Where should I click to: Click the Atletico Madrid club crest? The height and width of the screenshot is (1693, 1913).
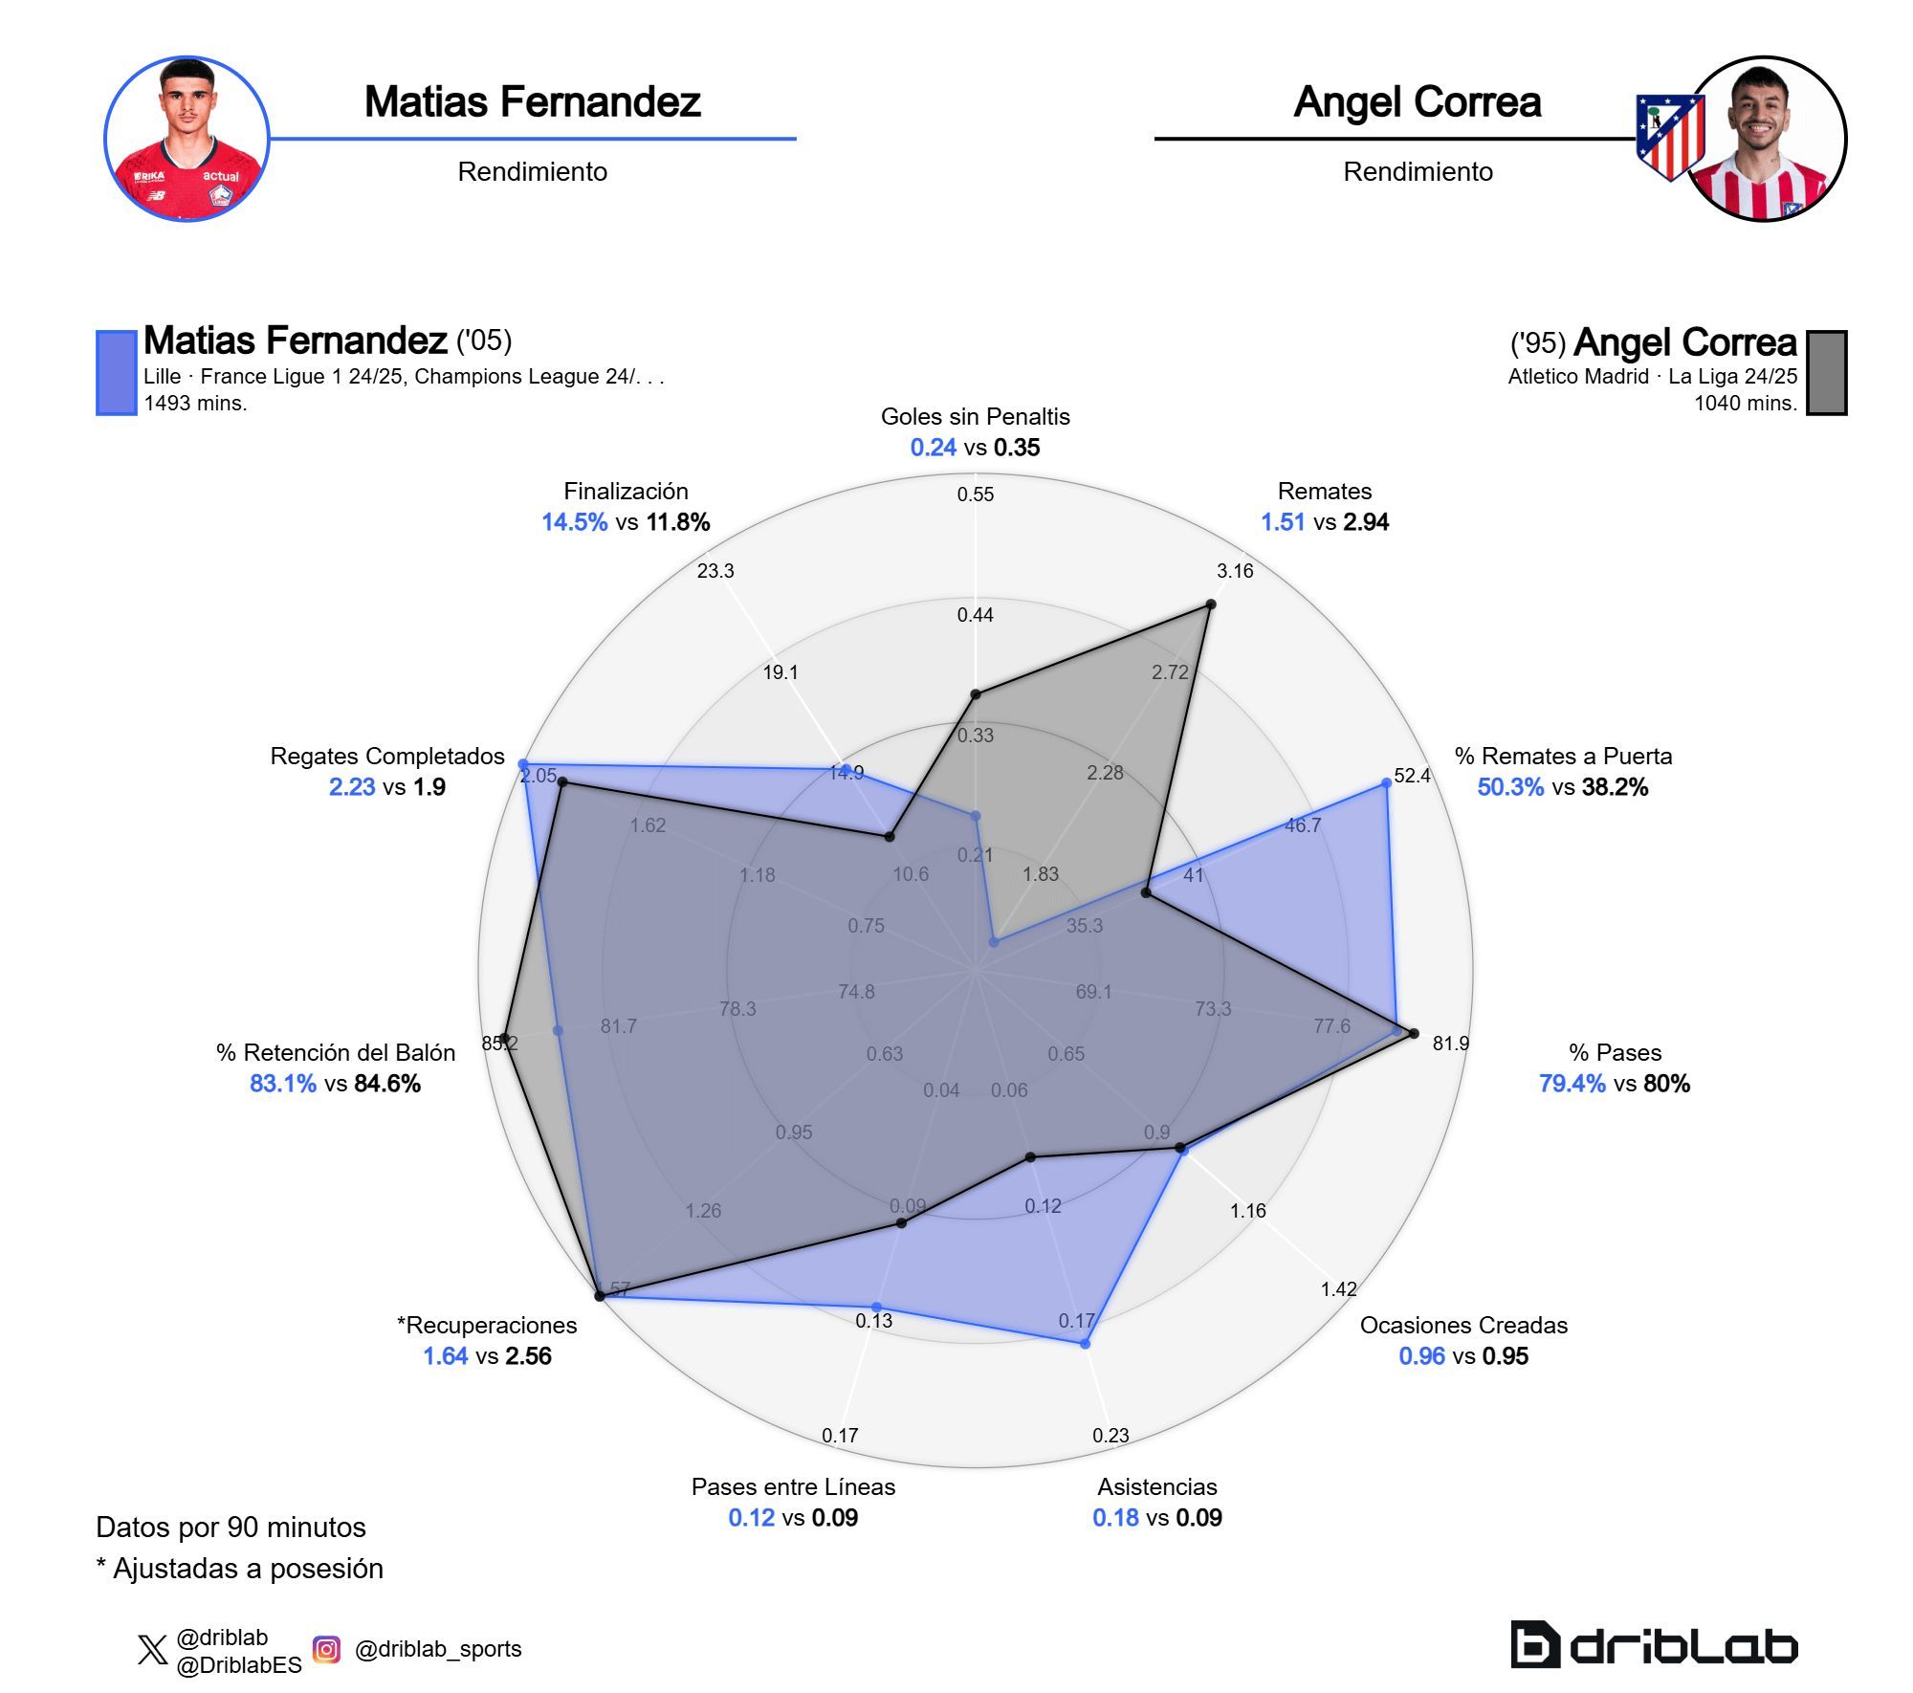1669,137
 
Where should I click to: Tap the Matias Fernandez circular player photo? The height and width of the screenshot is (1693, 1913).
187,139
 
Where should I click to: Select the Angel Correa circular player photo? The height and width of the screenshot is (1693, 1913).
1765,139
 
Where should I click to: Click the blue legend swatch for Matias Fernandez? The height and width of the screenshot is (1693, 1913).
116,373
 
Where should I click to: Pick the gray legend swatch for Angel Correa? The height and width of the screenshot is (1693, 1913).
1826,373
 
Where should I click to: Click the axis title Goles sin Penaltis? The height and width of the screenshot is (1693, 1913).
975,417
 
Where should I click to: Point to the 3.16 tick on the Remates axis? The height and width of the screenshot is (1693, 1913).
1234,571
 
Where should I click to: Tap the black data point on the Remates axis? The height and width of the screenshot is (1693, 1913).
1211,605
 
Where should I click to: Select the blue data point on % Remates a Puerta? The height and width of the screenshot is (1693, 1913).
1386,783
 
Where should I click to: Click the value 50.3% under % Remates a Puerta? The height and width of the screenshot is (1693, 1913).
1510,787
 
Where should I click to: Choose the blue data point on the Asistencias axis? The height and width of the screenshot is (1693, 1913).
1085,1344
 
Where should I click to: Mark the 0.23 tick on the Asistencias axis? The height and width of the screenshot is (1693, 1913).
1110,1435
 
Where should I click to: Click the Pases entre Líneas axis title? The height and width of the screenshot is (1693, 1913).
793,1486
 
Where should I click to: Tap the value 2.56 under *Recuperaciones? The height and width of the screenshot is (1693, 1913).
529,1356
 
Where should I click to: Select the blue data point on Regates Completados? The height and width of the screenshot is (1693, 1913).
522,763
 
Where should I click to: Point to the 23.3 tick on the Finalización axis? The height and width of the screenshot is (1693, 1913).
715,571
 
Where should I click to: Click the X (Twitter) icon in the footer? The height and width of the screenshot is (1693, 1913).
152,1650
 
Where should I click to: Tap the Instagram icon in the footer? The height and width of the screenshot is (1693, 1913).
326,1649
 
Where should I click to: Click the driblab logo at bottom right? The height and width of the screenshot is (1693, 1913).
1654,1645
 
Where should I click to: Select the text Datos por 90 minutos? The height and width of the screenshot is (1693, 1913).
231,1528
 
